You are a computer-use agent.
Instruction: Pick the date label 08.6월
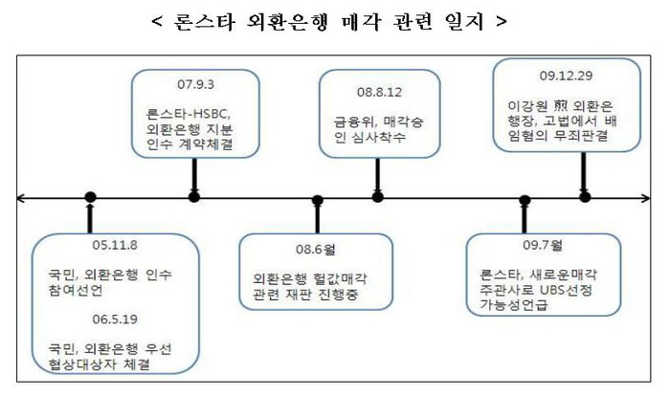[x=317, y=250]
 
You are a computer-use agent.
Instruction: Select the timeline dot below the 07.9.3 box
[x=194, y=197]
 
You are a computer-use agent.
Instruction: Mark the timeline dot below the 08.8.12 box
[x=377, y=197]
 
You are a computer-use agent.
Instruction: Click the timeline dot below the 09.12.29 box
[x=585, y=197]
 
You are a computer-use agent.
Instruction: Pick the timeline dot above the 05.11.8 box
[x=90, y=198]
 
